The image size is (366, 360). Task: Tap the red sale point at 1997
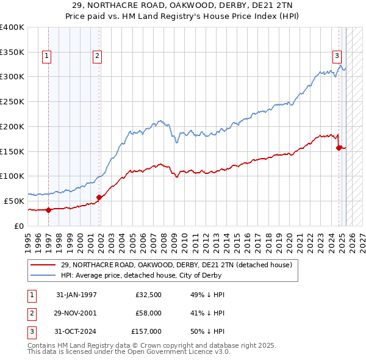click(49, 209)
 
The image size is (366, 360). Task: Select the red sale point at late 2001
click(99, 196)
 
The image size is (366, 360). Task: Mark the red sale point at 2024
click(339, 147)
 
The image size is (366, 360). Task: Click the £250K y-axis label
click(12, 102)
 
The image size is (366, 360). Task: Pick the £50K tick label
click(14, 201)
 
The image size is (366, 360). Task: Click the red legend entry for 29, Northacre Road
click(176, 265)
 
